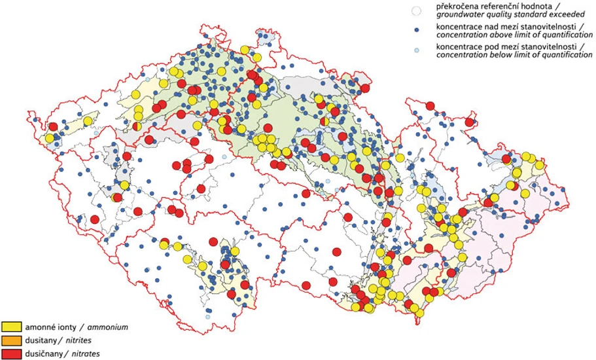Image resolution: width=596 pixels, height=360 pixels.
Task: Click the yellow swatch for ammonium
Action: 12,326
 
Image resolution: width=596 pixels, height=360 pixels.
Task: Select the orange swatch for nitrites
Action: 12,340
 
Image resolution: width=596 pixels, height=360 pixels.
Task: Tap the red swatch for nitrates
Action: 12,353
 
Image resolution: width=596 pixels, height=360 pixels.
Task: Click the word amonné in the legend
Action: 41,326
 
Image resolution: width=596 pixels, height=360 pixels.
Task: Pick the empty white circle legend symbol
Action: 414,11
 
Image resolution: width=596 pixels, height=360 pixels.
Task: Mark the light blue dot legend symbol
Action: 414,51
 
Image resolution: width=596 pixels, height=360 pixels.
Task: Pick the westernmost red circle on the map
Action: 53,128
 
